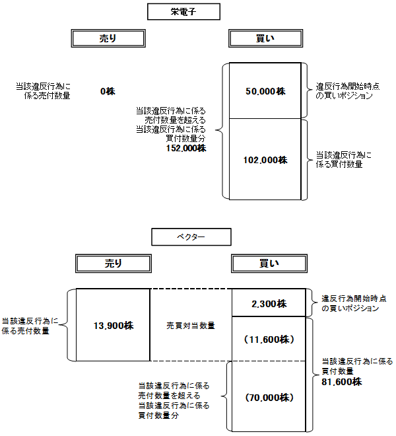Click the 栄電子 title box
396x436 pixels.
pos(180,11)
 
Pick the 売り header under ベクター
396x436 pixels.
pos(114,264)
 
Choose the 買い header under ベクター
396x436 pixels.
pos(267,264)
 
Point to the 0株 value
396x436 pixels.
pos(108,91)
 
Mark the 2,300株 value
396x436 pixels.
pos(269,304)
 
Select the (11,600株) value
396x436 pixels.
pos(269,340)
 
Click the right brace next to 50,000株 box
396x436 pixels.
pos(309,91)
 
